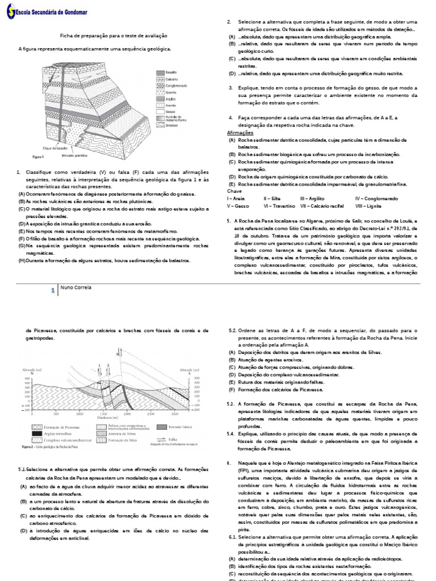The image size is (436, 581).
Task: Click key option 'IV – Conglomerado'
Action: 379,199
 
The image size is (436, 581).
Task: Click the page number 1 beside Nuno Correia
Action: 52,289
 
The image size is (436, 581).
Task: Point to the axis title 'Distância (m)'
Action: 100,419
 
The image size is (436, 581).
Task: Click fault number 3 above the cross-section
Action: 116,355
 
